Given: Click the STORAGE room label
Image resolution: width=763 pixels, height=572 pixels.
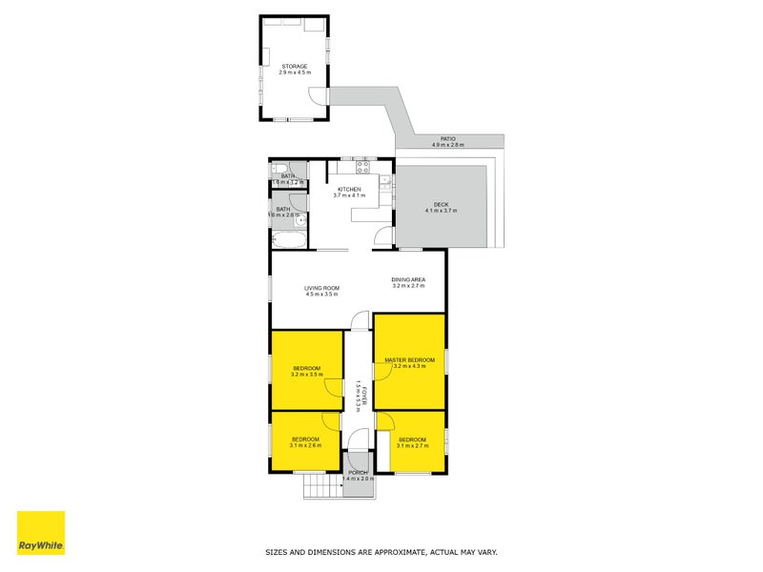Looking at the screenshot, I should pyautogui.click(x=294, y=67).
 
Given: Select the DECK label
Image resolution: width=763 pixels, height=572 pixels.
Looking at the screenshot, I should pyautogui.click(x=441, y=204).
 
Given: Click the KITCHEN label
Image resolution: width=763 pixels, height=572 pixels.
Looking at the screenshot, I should pyautogui.click(x=349, y=190).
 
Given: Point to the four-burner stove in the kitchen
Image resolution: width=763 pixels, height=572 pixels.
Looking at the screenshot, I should pyautogui.click(x=362, y=168).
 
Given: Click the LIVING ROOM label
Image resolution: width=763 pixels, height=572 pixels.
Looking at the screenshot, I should pyautogui.click(x=322, y=288).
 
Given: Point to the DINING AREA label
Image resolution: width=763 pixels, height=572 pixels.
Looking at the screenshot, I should pyautogui.click(x=408, y=279).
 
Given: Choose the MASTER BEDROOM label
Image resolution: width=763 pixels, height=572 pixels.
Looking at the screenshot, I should pyautogui.click(x=409, y=359).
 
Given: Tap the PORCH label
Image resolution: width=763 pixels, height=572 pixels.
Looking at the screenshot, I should pyautogui.click(x=358, y=473).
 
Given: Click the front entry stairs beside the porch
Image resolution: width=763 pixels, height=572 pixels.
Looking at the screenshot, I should pyautogui.click(x=323, y=488).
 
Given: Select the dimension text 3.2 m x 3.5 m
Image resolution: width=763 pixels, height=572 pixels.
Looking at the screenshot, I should pyautogui.click(x=306, y=375).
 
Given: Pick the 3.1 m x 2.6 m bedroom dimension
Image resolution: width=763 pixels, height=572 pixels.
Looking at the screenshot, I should pyautogui.click(x=306, y=445).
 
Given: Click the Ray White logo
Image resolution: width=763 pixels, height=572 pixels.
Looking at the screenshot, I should pyautogui.click(x=41, y=534).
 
